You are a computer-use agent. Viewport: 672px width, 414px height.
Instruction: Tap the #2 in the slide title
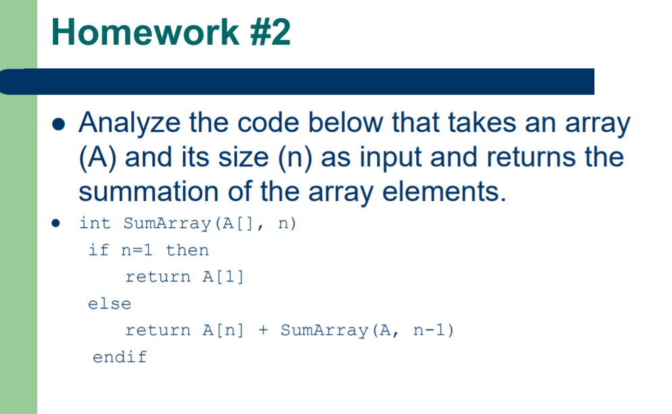[x=271, y=32]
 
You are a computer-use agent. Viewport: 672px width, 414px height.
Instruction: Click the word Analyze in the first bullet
[x=129, y=124]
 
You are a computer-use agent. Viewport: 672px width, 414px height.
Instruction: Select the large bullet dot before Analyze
[x=58, y=124]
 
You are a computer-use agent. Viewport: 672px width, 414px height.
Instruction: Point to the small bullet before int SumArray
[x=55, y=223]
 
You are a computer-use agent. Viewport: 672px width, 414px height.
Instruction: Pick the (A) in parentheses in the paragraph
[x=97, y=158]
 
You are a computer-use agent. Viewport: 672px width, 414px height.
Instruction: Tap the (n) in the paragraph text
[x=295, y=158]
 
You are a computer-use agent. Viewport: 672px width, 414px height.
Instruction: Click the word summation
[x=149, y=191]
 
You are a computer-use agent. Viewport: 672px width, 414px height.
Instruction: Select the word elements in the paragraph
[x=444, y=191]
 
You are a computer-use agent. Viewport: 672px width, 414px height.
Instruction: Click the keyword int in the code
[x=95, y=223]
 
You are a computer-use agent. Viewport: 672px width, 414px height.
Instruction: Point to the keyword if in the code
[x=98, y=250]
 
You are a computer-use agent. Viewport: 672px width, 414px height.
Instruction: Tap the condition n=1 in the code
[x=137, y=250]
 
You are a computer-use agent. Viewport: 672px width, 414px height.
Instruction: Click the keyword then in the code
[x=187, y=250]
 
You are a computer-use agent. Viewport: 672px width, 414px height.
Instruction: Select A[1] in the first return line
[x=223, y=277]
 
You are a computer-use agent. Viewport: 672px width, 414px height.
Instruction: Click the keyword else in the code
[x=109, y=304]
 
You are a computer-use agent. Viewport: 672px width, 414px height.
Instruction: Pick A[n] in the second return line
[x=223, y=330]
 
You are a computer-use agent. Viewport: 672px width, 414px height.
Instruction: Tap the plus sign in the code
[x=263, y=329]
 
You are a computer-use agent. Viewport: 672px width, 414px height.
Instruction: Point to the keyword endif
[x=120, y=356]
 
